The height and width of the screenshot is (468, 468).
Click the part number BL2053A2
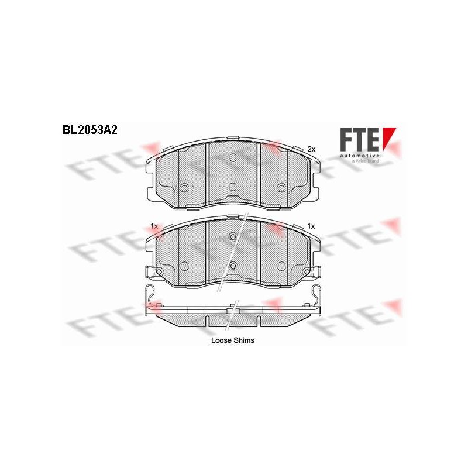pos(90,130)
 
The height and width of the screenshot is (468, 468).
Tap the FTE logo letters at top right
pos(359,139)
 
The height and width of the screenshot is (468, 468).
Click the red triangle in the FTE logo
pos(389,137)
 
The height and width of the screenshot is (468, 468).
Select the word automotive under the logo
pos(360,156)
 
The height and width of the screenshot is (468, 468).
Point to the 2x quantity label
pos(311,149)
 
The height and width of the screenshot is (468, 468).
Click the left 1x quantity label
pos(154,226)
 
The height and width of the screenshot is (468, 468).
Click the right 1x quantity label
pos(311,226)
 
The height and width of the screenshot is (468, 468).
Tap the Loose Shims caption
pos(233,340)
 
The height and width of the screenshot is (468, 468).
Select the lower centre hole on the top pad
pos(233,187)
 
